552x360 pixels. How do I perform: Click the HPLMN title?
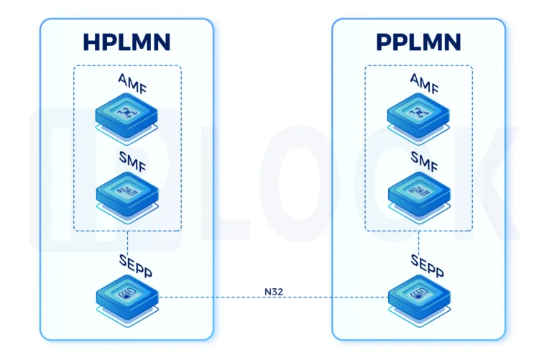tap(126, 42)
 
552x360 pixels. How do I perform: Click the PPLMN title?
tap(418, 42)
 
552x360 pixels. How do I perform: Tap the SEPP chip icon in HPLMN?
tap(127, 295)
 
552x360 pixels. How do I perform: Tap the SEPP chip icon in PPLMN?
tap(418, 295)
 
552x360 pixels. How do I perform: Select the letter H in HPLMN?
tap(91, 42)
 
